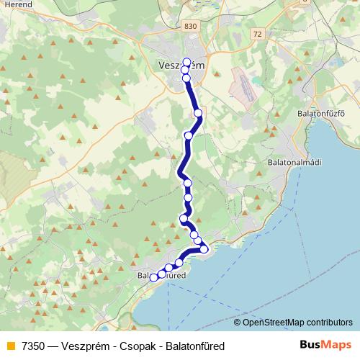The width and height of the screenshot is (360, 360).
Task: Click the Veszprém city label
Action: point(180,66)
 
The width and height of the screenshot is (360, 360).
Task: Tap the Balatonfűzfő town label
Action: point(321,114)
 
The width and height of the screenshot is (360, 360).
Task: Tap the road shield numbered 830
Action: point(189,27)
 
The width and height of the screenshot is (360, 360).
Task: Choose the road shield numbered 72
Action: point(258,33)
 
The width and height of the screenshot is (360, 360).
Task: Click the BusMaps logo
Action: point(326,345)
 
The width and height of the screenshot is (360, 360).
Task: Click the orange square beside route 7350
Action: point(10,346)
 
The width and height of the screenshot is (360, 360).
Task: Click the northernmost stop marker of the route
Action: point(187,62)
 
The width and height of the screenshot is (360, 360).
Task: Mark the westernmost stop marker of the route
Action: point(153,277)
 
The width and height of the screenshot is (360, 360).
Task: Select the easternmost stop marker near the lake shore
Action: point(204,249)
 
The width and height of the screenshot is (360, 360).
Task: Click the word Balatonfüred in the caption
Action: point(195,346)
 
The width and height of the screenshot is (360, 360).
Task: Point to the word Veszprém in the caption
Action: point(89,346)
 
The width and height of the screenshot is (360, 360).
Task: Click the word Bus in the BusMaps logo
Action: point(312,345)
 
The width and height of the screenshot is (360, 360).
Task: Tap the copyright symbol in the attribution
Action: point(237,323)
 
